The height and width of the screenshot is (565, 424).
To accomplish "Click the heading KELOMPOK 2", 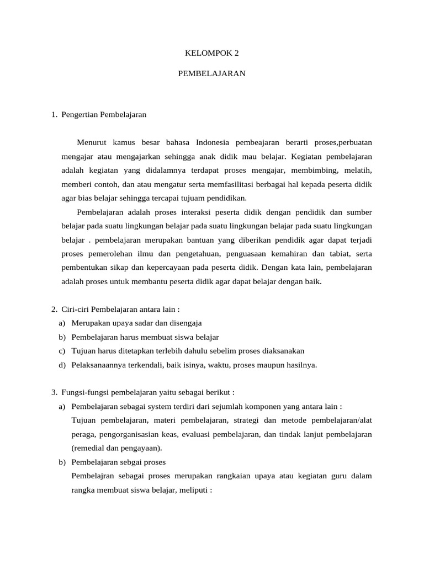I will tap(211, 54).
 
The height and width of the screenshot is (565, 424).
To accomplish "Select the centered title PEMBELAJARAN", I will tap(211, 73).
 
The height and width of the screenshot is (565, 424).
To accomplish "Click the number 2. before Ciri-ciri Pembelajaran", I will tap(54, 309).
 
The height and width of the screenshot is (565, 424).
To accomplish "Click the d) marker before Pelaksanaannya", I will tap(61, 365).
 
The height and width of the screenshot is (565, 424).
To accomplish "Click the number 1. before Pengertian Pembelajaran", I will tap(54, 115).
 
